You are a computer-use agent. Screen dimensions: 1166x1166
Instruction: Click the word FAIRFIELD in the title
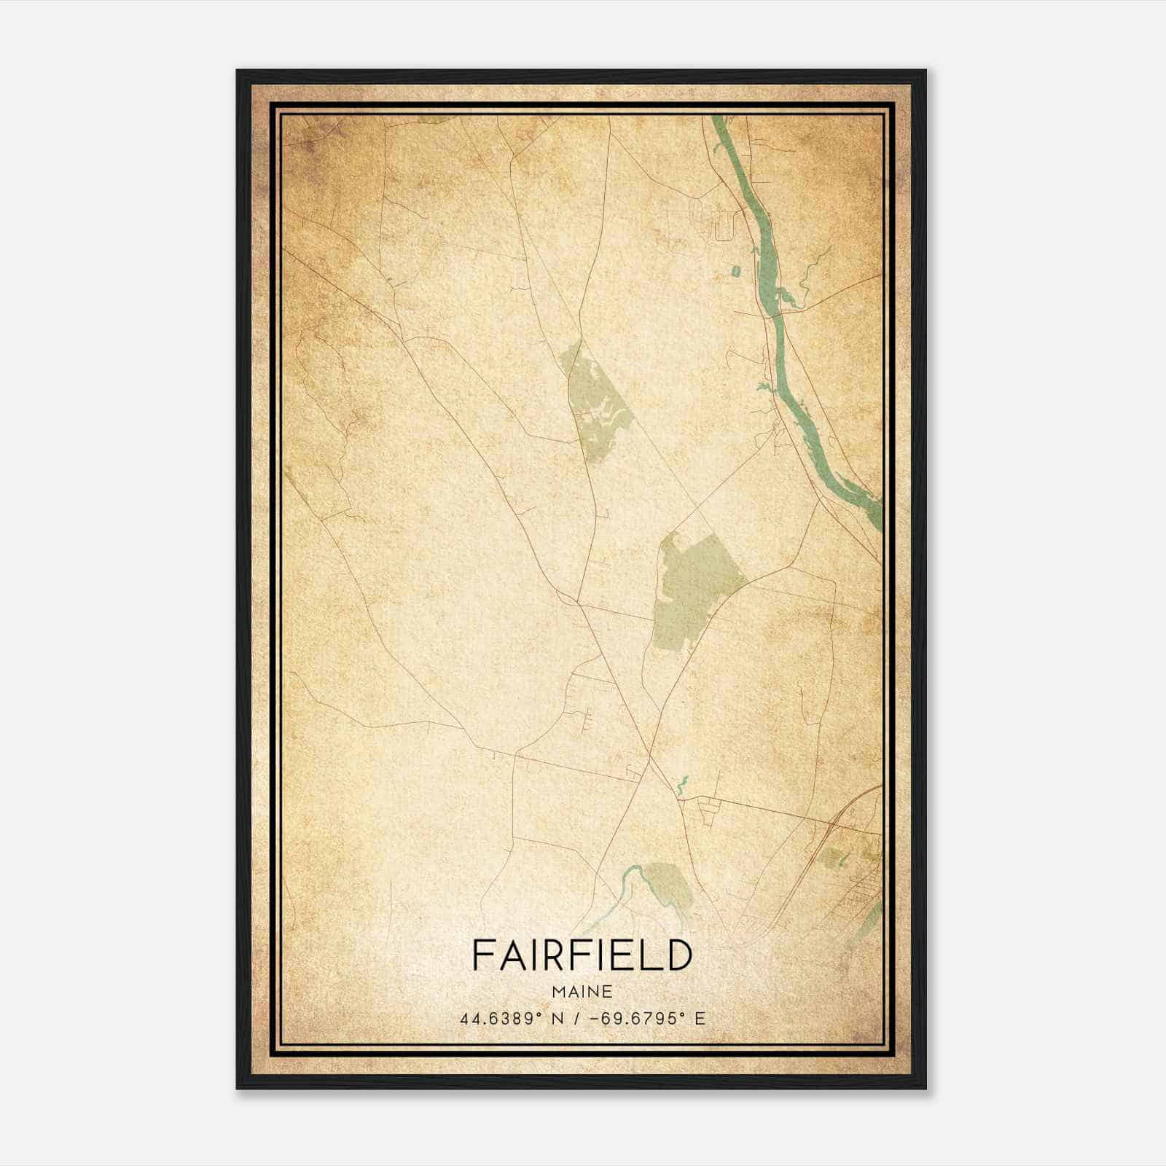point(582,955)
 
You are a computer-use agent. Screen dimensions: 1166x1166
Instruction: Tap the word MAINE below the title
point(582,992)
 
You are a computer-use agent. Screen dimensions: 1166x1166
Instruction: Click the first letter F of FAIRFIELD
point(480,955)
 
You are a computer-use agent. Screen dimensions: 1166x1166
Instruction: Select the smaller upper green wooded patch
point(596,404)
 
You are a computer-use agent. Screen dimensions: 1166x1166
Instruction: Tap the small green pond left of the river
point(735,272)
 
